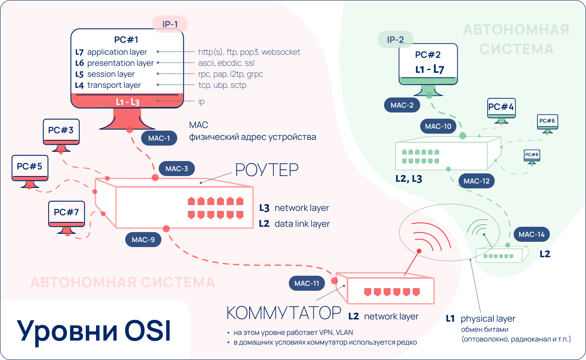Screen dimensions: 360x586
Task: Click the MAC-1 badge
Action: coord(159,138)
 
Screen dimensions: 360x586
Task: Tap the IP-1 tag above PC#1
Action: coord(170,24)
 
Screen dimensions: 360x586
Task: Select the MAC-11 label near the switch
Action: coord(307,283)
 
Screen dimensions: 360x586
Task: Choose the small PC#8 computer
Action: coord(532,156)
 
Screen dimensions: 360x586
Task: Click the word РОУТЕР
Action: coord(267,169)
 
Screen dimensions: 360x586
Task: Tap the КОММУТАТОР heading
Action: coord(284,313)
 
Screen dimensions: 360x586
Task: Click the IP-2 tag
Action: coord(396,40)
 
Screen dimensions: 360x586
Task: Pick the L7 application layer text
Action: coord(112,52)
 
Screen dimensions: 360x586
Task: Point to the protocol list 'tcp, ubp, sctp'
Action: coord(222,85)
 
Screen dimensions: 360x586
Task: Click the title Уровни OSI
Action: coord(94,331)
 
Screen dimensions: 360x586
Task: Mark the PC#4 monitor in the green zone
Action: coord(501,109)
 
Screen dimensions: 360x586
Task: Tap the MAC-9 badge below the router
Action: coord(143,240)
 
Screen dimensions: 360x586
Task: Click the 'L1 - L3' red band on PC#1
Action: coord(127,101)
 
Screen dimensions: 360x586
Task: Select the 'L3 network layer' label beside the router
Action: coord(294,208)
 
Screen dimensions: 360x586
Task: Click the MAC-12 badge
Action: coord(477,180)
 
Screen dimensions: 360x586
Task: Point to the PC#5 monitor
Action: coord(30,169)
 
